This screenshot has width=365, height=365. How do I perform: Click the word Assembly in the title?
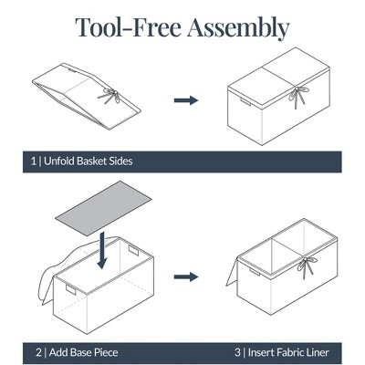[238, 28]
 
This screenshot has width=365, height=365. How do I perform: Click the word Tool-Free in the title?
[128, 27]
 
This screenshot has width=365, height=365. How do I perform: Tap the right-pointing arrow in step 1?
[186, 100]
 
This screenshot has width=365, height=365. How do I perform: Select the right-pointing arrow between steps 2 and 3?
[186, 276]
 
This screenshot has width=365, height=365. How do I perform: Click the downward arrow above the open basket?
[103, 250]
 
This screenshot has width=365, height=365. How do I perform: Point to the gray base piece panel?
[103, 208]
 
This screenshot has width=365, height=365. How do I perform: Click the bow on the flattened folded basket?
[109, 96]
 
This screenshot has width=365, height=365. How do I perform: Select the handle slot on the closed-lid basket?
[245, 101]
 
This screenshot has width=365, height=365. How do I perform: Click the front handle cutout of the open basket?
[70, 289]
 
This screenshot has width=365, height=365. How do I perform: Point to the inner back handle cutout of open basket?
[133, 250]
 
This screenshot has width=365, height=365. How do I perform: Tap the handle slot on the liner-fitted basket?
[255, 272]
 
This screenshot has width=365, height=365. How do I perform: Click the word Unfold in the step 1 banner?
[59, 161]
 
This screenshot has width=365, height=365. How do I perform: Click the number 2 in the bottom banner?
[38, 352]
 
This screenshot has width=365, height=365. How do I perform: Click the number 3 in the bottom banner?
[237, 352]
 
